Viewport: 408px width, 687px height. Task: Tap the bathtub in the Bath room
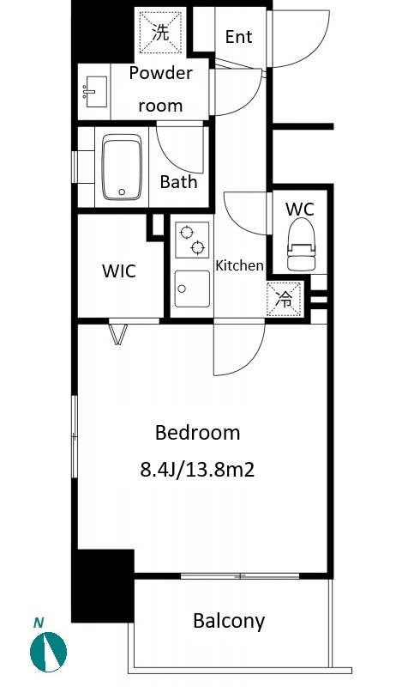click(122, 167)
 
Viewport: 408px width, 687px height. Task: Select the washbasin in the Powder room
click(96, 92)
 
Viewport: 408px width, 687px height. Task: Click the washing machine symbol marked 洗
click(160, 33)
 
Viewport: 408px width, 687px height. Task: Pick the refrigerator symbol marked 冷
click(285, 299)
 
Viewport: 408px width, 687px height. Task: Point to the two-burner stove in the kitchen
click(192, 240)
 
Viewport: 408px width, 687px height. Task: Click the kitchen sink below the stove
click(192, 289)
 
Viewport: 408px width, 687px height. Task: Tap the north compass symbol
click(48, 652)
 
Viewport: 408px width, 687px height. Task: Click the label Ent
click(239, 37)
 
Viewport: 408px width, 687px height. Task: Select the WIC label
click(119, 271)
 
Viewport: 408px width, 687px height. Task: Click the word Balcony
click(229, 621)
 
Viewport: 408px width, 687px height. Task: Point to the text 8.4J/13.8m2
click(197, 470)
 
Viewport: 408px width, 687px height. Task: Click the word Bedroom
click(198, 433)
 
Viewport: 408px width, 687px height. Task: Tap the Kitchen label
click(240, 265)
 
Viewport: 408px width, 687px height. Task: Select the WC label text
click(299, 210)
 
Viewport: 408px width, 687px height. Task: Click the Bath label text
click(178, 181)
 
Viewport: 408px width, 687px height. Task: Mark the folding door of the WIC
click(118, 333)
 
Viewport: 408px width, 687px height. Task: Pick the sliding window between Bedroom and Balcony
click(240, 575)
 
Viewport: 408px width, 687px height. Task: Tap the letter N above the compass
click(39, 622)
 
